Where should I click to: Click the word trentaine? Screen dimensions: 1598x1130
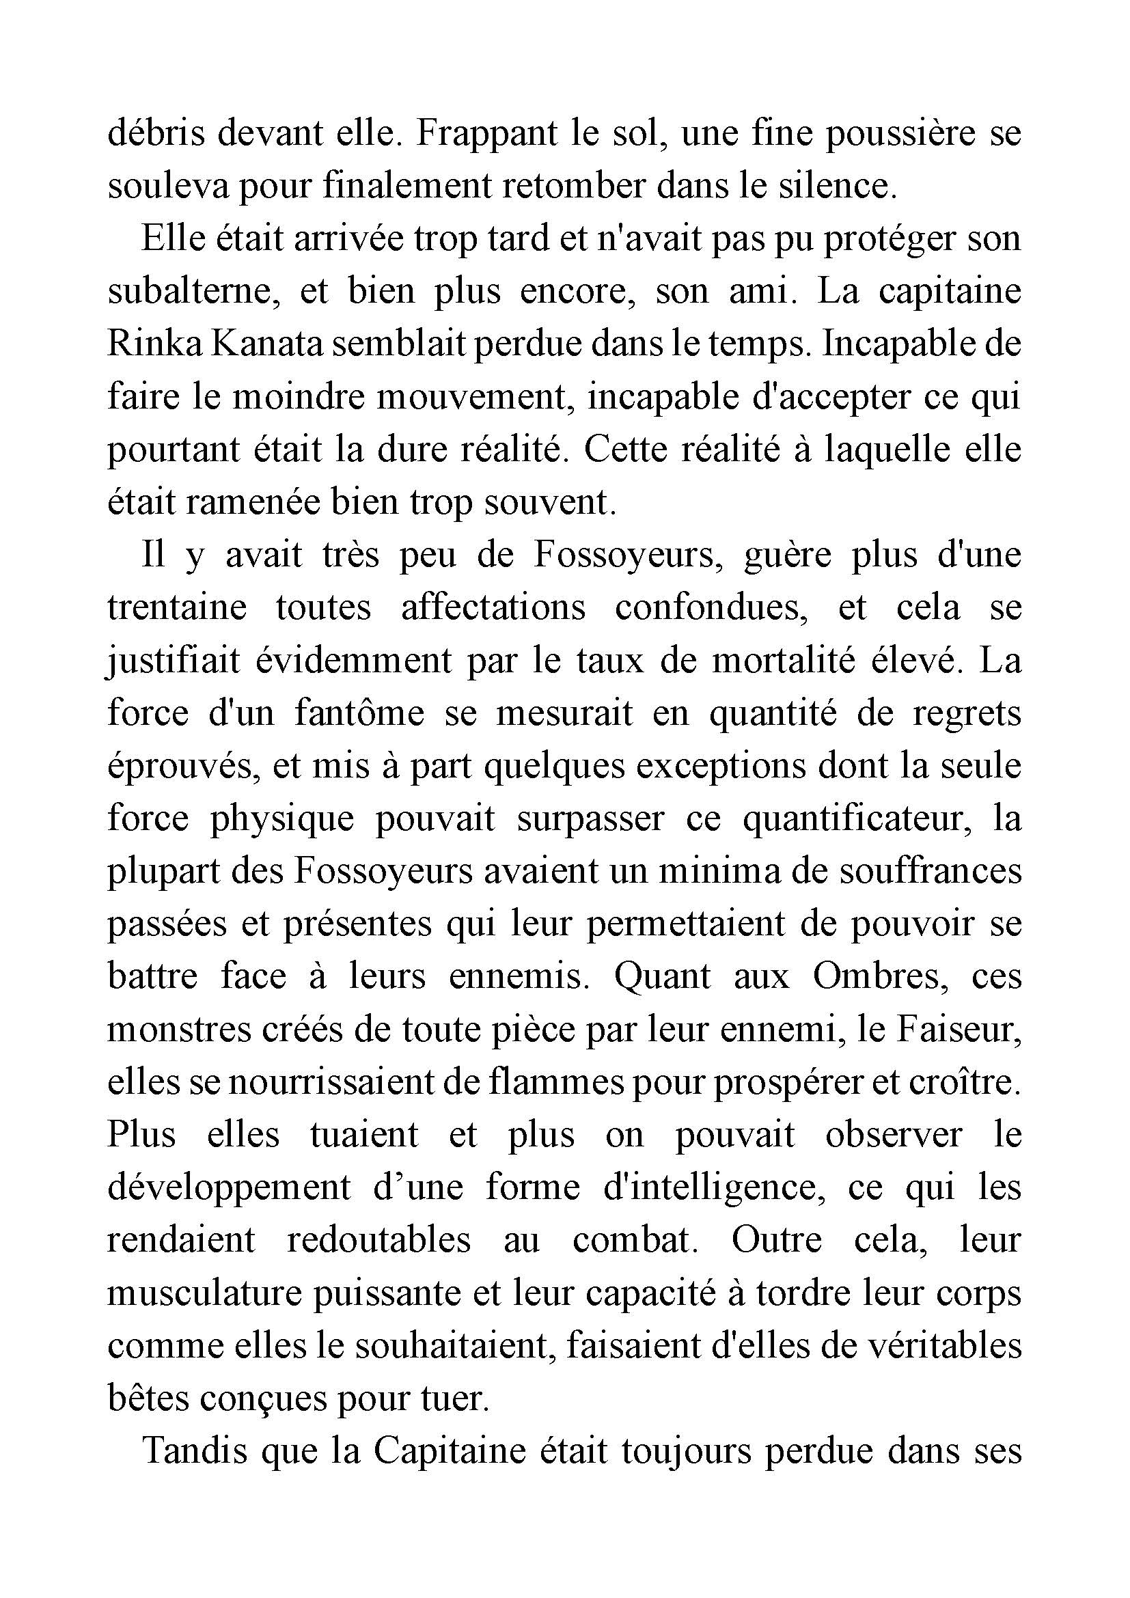tap(177, 607)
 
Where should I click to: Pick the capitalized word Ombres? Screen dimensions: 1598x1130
tap(881, 977)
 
